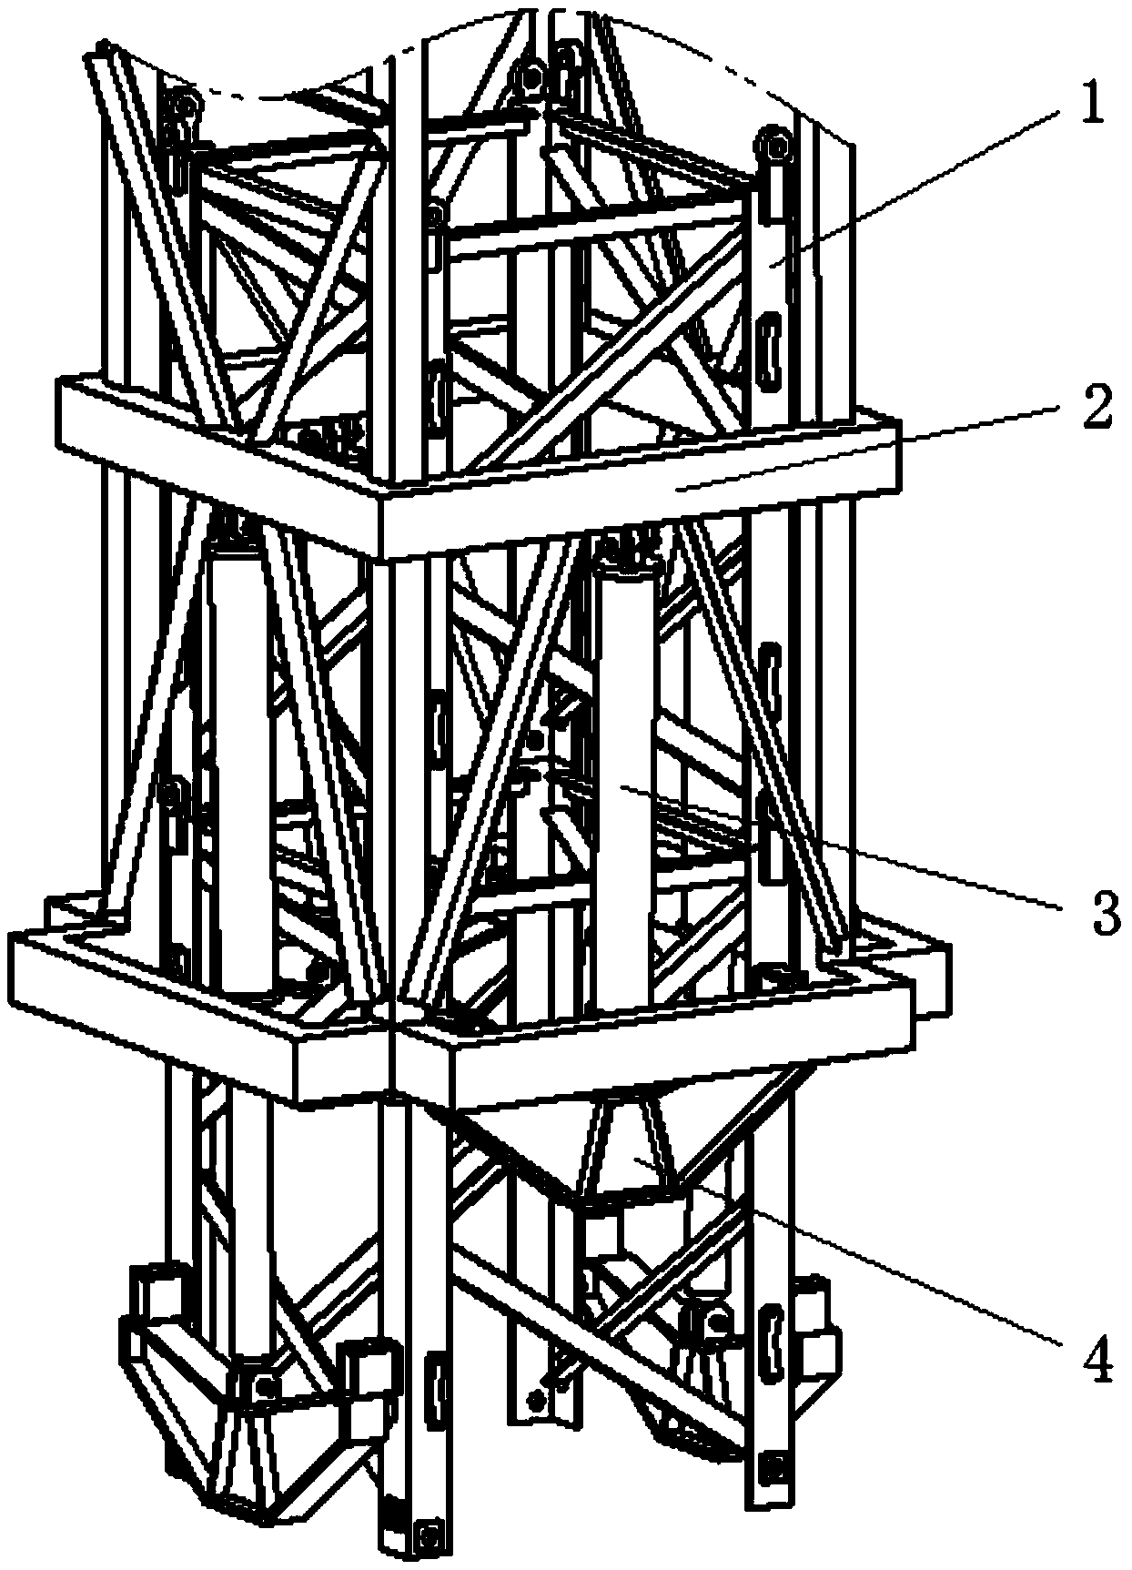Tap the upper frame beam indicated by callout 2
pos(637,491)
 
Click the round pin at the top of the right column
pos(774,146)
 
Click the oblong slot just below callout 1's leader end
pos(770,346)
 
